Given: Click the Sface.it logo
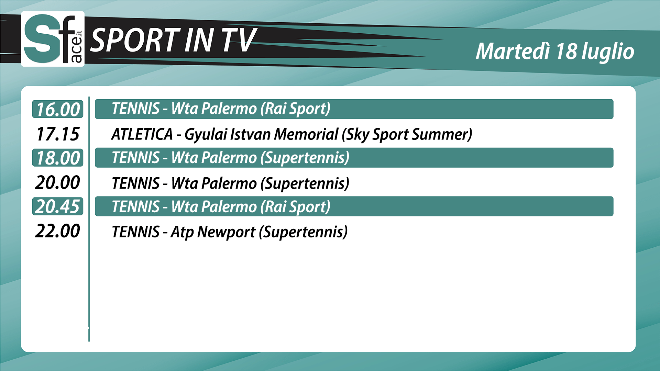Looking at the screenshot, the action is tap(53, 39).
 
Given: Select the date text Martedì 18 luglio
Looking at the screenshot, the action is tap(555, 52).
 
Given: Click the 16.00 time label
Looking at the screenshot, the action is tap(58, 109).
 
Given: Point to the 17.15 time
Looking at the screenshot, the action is tap(58, 134).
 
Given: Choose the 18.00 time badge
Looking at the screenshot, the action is tap(58, 158).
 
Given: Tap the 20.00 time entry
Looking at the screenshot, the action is tap(57, 182).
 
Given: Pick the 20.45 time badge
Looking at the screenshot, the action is tap(58, 206).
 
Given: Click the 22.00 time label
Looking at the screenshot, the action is tap(57, 231).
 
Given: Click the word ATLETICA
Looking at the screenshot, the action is tap(142, 134).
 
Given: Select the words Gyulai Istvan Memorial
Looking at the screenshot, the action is tap(261, 134).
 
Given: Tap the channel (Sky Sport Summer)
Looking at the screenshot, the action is tap(407, 134).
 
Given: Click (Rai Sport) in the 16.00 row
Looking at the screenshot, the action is tap(295, 109).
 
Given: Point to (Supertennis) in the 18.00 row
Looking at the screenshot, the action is tap(305, 158).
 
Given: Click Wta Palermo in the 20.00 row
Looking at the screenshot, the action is tap(214, 183).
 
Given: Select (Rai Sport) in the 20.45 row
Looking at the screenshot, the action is tap(295, 207).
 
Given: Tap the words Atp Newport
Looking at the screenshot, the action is tap(213, 232).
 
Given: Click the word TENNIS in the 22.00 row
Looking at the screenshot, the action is tap(136, 232).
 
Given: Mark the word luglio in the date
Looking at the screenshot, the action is tap(608, 52).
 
